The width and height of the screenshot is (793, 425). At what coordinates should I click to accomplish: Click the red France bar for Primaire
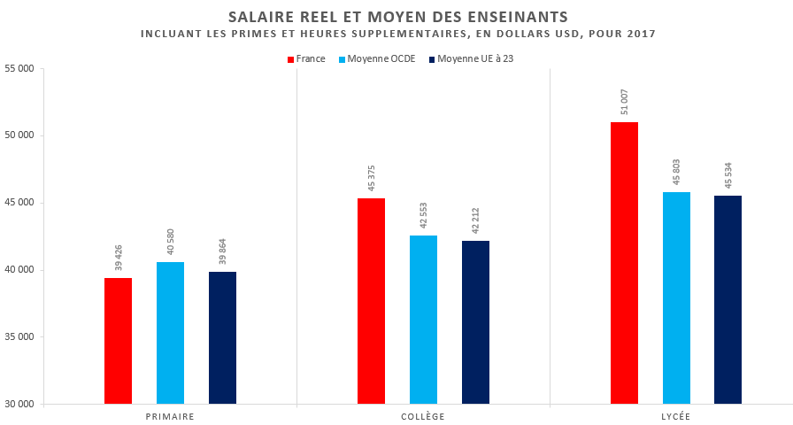point(118,341)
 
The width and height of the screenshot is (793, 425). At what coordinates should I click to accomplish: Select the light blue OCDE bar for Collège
point(423,320)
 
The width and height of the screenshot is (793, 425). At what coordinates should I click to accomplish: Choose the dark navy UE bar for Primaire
point(222,337)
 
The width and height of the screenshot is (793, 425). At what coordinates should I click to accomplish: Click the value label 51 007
point(625,102)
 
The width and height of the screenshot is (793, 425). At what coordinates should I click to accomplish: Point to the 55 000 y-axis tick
point(19,68)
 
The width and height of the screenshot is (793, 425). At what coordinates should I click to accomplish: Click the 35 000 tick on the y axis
point(19,337)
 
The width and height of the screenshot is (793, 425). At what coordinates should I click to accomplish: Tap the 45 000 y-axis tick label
point(19,203)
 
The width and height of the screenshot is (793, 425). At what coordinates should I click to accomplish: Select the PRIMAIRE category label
point(170,416)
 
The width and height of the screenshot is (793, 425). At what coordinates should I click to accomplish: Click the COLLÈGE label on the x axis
point(423,416)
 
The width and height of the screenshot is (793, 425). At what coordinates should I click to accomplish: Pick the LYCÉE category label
point(676,416)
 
